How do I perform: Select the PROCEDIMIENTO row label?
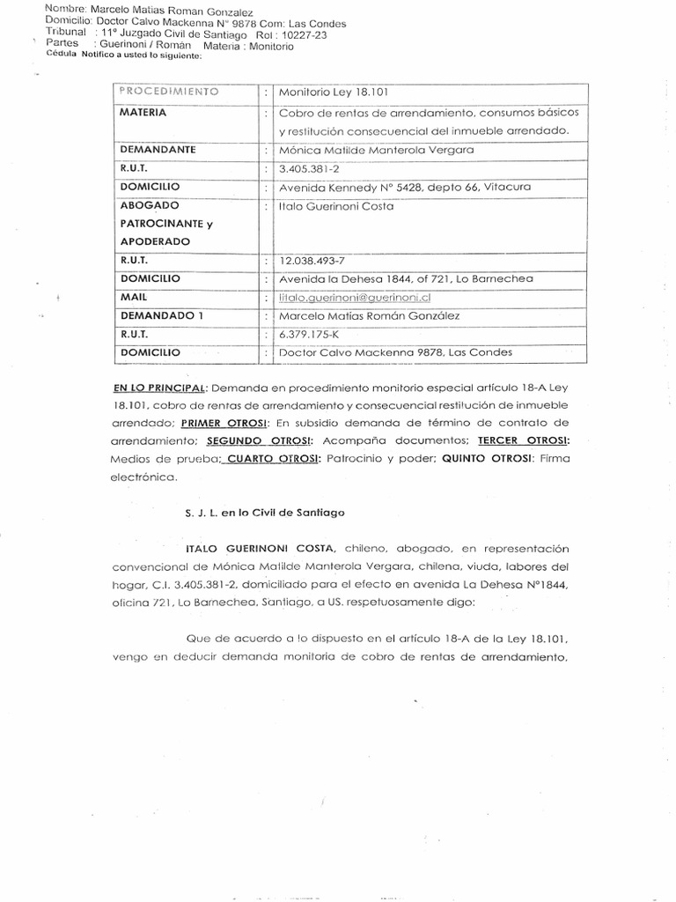point(168,92)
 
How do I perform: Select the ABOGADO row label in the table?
point(149,205)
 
